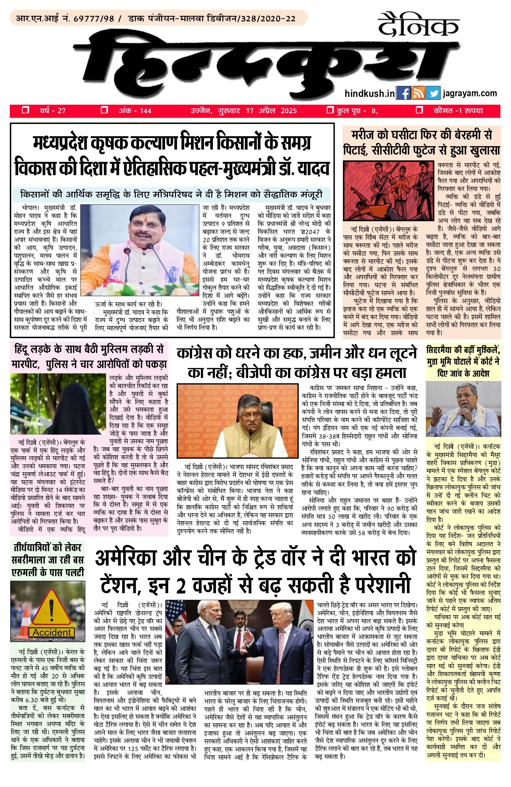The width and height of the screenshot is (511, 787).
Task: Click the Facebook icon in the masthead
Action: tap(403, 93)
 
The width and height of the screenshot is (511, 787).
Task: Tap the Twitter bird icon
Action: tap(433, 93)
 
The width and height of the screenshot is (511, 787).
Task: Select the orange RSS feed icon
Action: tap(418, 93)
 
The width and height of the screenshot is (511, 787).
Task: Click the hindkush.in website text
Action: tap(369, 94)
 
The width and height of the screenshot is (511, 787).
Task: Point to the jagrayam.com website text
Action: tap(470, 93)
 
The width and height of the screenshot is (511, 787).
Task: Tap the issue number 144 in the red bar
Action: tap(145, 111)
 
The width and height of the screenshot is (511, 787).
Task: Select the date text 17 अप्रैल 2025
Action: tap(271, 111)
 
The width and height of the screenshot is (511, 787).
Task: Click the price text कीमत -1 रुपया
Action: tap(458, 111)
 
